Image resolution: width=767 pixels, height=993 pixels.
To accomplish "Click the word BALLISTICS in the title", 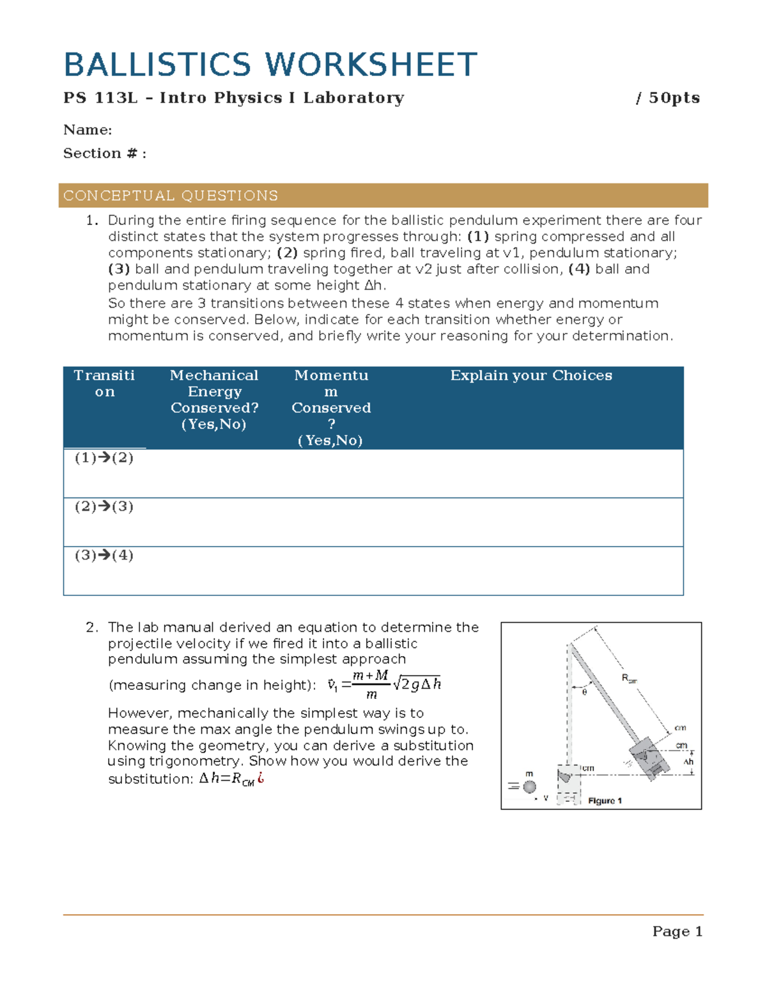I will coord(157,65).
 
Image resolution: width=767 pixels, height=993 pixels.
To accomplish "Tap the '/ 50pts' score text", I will coord(668,98).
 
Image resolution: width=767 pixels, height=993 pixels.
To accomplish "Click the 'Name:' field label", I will coord(88,130).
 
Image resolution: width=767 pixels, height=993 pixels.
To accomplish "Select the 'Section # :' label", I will coord(105,153).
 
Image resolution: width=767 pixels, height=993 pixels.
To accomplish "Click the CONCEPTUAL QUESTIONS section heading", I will coord(171,196).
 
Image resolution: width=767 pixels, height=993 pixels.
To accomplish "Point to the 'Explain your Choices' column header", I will coord(531,375).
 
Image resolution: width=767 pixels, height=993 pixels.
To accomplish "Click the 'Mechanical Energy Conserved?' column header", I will coord(214,400).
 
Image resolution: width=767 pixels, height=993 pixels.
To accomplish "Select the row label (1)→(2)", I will coord(104,458).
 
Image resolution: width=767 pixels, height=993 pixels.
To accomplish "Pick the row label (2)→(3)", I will coord(104,506).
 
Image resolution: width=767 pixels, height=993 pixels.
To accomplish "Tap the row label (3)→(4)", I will coord(104,555).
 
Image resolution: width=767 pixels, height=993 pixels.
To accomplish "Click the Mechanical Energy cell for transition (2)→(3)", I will coord(214,522).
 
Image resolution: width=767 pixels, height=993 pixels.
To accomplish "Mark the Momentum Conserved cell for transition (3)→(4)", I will coord(330,570).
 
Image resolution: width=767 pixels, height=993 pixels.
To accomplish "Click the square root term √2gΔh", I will coord(417,684).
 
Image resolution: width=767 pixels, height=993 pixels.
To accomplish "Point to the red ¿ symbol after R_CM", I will coord(261,778).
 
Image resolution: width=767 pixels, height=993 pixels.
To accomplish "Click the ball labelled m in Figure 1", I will coord(529,787).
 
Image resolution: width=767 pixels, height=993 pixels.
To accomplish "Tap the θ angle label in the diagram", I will coord(584,691).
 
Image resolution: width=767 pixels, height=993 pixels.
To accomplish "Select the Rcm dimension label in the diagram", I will coord(630,678).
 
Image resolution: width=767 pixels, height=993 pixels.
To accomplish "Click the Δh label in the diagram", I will coord(688,762).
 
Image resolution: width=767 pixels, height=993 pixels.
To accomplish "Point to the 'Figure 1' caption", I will coord(605,801).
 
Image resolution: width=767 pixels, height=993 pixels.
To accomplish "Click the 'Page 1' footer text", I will coord(677,932).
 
